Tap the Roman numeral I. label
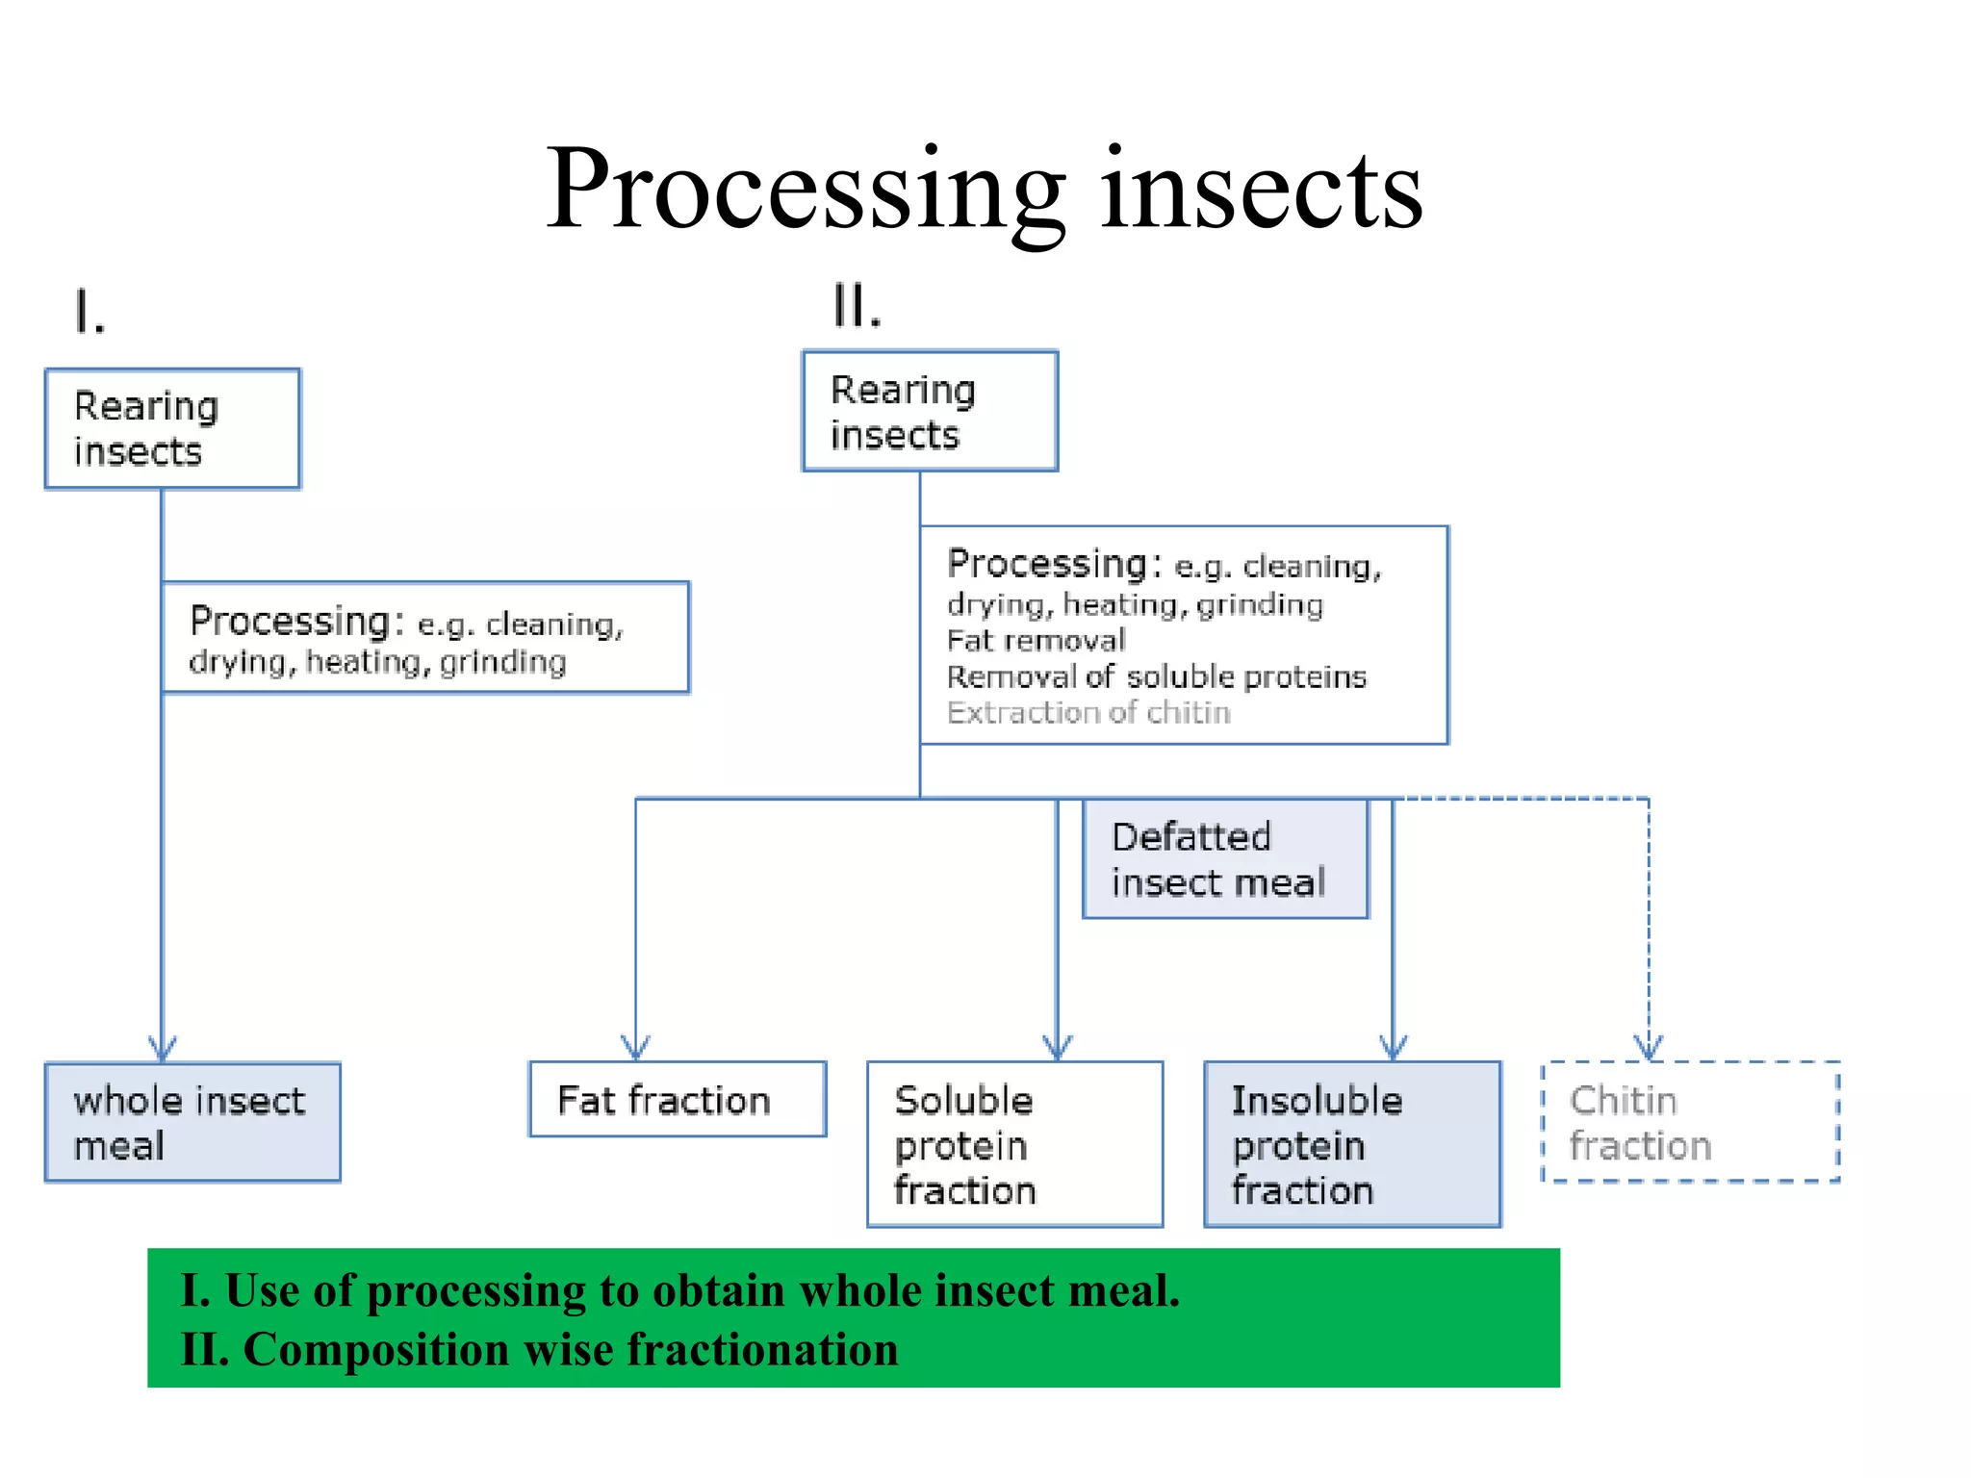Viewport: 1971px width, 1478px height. tap(90, 313)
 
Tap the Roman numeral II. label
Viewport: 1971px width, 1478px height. tap(857, 307)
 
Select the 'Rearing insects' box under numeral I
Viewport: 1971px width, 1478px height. tap(172, 429)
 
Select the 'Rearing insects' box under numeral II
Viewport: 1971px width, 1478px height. tap(930, 412)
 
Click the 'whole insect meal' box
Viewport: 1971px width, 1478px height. tap(192, 1122)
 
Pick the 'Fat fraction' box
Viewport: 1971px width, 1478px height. tap(678, 1100)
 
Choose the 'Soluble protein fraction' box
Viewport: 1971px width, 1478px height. tap(1014, 1144)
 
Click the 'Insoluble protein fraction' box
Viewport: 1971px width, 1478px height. tap(1352, 1144)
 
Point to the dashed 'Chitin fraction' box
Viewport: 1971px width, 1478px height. tap(1690, 1122)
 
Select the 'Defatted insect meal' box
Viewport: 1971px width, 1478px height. tap(1225, 859)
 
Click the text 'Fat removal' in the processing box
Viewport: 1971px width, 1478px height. tap(1036, 641)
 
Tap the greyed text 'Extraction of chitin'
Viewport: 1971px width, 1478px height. tap(1088, 713)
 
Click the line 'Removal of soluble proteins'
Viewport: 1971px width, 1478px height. tap(1156, 677)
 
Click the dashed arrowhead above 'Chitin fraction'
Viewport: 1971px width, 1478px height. tap(1649, 1049)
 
